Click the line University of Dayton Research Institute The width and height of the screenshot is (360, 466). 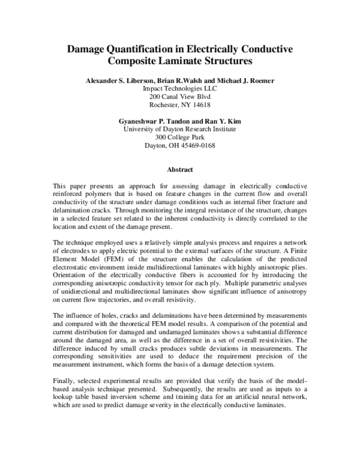(x=179, y=130)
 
